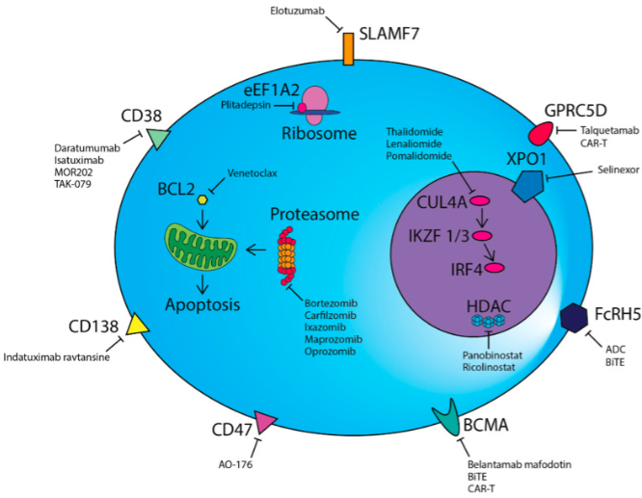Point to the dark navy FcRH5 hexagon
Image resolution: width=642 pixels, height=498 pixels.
(575, 315)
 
